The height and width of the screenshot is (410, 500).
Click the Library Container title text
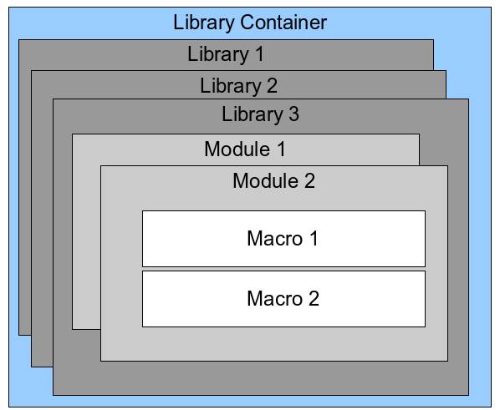pyautogui.click(x=250, y=22)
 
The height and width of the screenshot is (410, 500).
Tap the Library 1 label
pyautogui.click(x=226, y=55)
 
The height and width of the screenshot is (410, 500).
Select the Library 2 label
pyautogui.click(x=238, y=85)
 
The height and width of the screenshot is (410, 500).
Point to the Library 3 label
pyautogui.click(x=260, y=114)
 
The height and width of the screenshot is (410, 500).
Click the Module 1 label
pyautogui.click(x=245, y=150)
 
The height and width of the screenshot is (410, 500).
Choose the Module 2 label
pyautogui.click(x=273, y=180)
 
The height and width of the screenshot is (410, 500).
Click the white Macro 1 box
pyautogui.click(x=283, y=238)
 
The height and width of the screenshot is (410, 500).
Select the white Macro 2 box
pyautogui.click(x=283, y=298)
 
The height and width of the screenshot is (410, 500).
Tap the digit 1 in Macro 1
pyautogui.click(x=313, y=239)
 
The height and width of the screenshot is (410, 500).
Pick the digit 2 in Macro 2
pyautogui.click(x=313, y=298)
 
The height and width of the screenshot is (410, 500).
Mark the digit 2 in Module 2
pyautogui.click(x=309, y=180)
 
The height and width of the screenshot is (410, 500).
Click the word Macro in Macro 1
pyautogui.click(x=274, y=239)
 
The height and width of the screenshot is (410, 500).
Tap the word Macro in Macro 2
pyautogui.click(x=274, y=298)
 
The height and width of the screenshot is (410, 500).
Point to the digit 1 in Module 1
pyautogui.click(x=280, y=150)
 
